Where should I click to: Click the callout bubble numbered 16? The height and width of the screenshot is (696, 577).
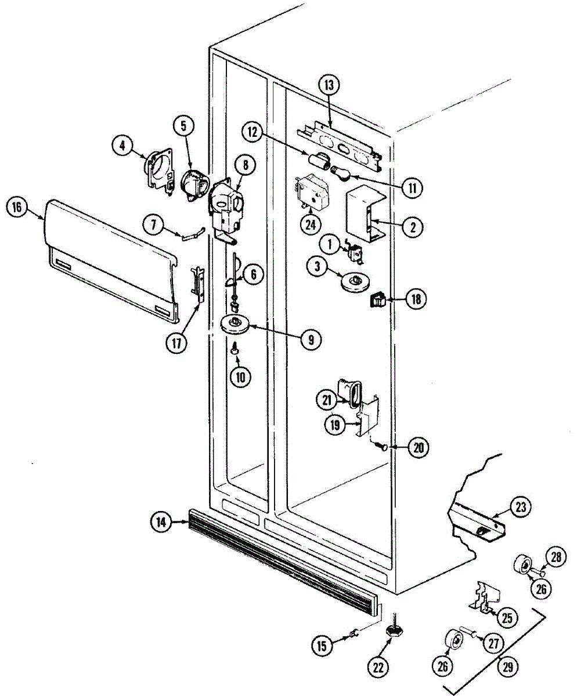(x=16, y=208)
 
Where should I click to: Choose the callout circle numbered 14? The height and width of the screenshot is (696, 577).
(x=161, y=523)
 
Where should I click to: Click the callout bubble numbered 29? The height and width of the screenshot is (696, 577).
(x=508, y=667)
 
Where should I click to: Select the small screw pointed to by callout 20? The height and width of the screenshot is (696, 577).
(x=382, y=445)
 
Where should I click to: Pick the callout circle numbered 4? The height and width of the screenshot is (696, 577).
(x=122, y=147)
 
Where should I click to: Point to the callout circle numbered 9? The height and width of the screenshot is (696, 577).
(x=311, y=339)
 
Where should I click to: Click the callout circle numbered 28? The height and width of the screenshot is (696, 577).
(x=556, y=557)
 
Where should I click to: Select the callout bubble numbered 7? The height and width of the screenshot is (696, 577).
(x=154, y=226)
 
